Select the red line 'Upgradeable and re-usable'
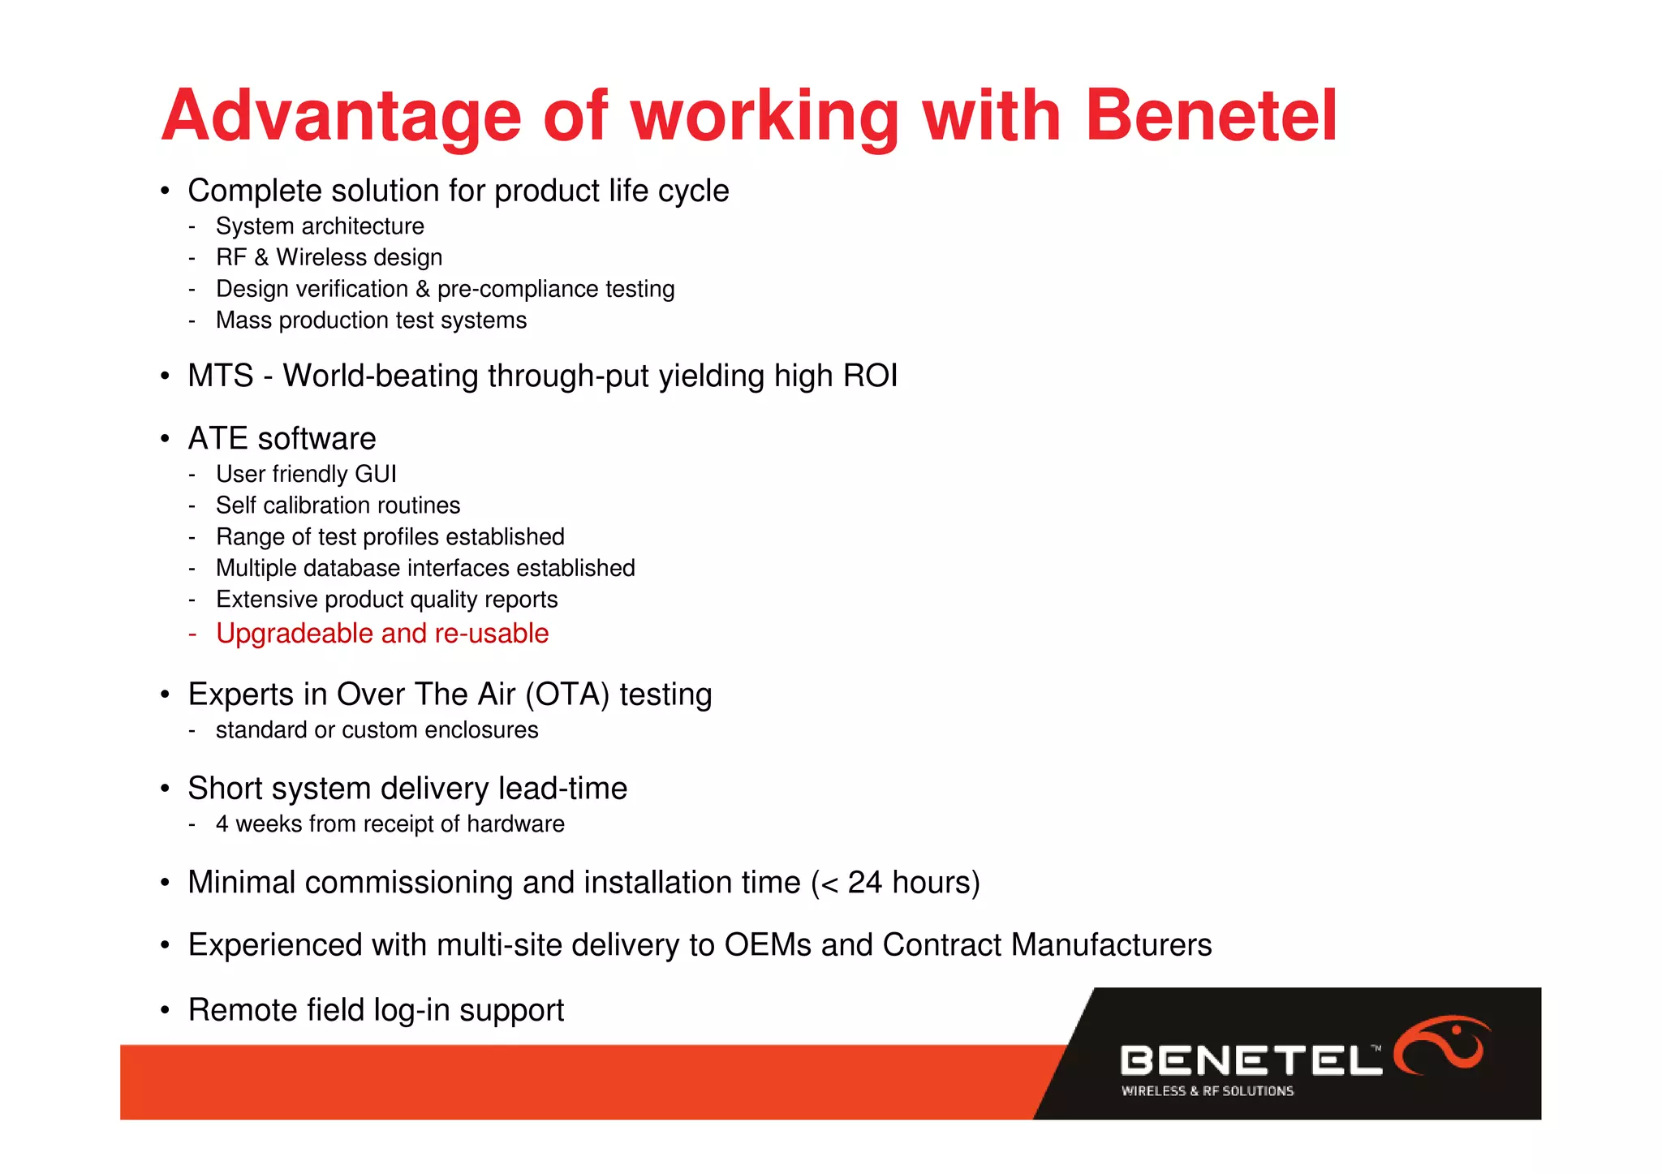[382, 634]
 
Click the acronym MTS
[220, 376]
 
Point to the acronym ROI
[870, 376]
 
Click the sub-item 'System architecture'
[320, 226]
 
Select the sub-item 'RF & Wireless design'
[329, 258]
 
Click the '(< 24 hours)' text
[895, 883]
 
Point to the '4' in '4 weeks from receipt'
[222, 824]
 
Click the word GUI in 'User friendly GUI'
[375, 474]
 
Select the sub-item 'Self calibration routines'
[338, 505]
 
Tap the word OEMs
[768, 945]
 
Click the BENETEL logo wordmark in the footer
[1250, 1060]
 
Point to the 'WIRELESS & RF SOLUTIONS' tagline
[1207, 1091]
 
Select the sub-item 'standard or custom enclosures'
[377, 730]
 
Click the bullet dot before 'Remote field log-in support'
[165, 1011]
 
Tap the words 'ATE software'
[282, 439]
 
